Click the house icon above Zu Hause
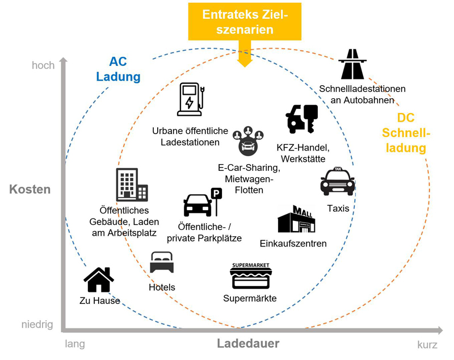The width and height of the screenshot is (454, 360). [x=99, y=279]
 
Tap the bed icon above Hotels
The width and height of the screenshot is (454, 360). [x=162, y=263]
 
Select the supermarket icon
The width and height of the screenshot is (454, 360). [x=250, y=277]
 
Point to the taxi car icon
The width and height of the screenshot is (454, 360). [x=338, y=182]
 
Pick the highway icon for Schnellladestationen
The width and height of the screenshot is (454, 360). [x=352, y=64]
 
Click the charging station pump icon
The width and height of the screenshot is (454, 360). [x=191, y=99]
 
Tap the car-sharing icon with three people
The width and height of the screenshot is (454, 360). [x=249, y=141]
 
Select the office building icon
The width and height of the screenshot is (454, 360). [x=132, y=185]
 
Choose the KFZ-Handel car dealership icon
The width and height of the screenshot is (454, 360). [x=302, y=119]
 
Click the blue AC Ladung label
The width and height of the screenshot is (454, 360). [x=118, y=69]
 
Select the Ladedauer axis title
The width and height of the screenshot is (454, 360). [x=248, y=344]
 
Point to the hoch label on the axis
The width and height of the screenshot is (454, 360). [x=43, y=65]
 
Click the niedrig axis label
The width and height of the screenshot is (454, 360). [x=37, y=325]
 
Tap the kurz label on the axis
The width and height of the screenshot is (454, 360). [x=427, y=344]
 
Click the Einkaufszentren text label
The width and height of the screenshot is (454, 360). [x=293, y=244]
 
